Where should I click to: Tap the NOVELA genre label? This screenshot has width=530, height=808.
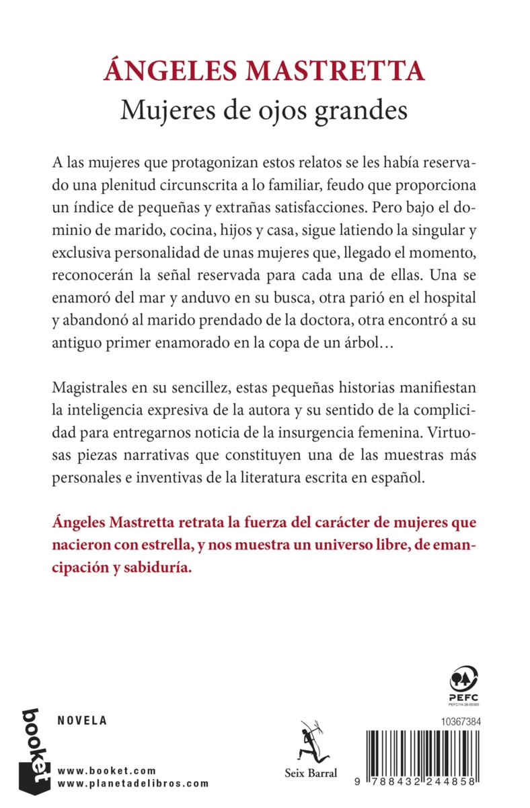coord(83,720)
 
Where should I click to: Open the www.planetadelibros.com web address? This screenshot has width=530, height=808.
coord(134,783)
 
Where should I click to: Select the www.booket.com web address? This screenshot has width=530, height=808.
coord(108,770)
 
